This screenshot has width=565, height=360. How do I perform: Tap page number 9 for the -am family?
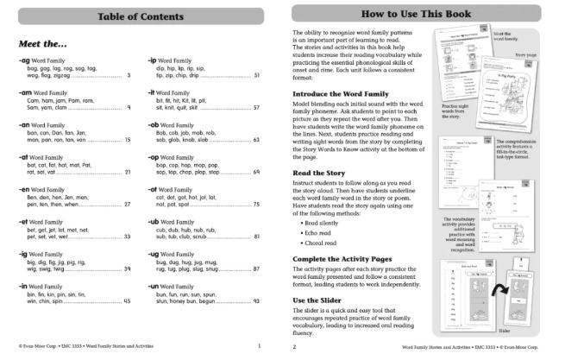tap(129, 108)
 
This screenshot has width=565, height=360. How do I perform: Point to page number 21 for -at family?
tap(128, 172)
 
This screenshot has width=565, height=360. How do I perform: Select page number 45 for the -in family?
tap(128, 301)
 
